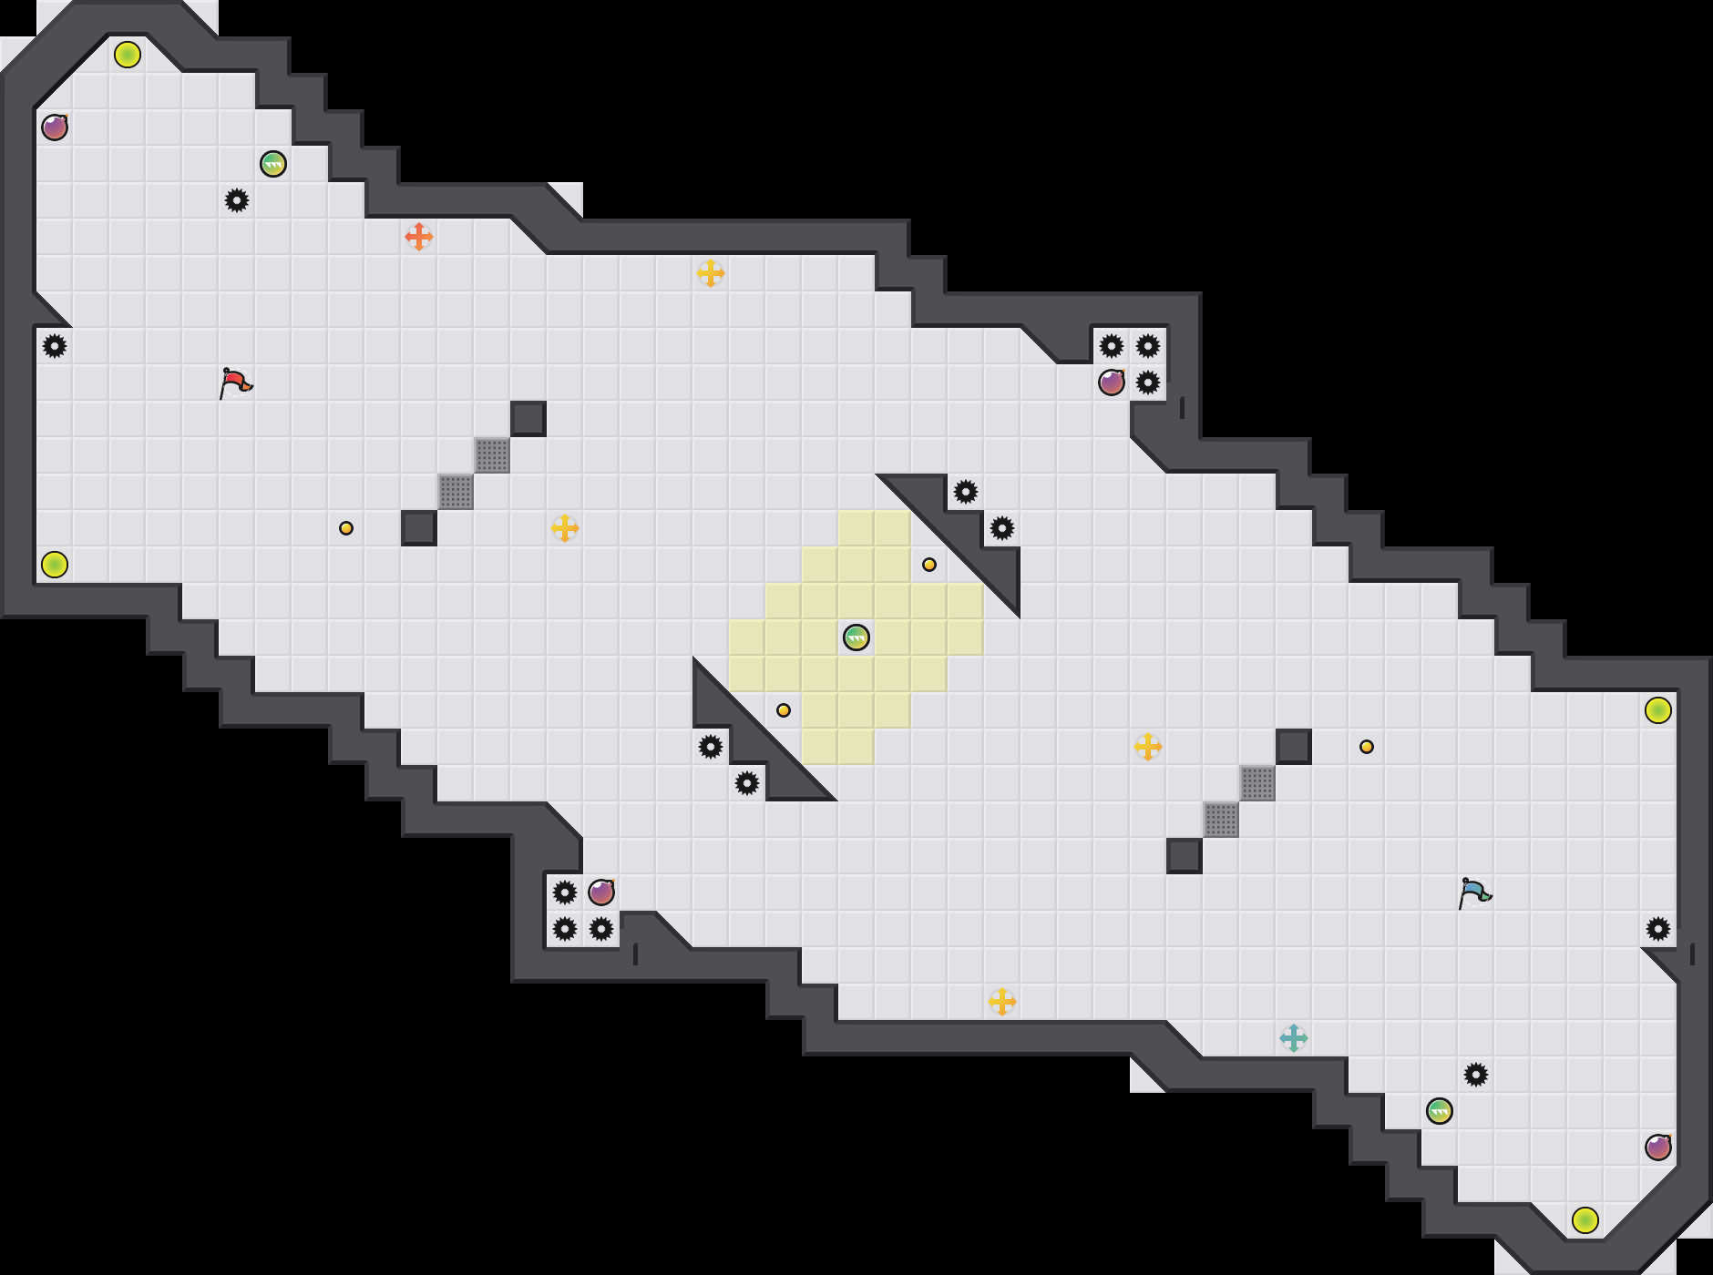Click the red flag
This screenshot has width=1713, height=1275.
click(x=235, y=382)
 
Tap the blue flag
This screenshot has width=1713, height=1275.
click(x=1474, y=892)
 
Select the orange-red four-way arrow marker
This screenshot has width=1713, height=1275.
click(x=419, y=237)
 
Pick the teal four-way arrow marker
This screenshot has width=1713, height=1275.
click(x=1294, y=1038)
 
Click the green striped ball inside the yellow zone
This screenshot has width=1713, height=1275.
click(x=856, y=637)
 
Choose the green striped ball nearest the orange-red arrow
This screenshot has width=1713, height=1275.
click(x=273, y=164)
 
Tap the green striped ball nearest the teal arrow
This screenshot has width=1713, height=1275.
click(x=1440, y=1111)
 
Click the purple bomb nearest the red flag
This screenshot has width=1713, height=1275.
click(x=55, y=127)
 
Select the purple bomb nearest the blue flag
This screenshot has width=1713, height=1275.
click(x=1658, y=1147)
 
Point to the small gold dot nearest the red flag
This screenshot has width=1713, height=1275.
click(x=346, y=528)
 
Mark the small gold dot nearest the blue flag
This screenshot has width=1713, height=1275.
click(x=1367, y=747)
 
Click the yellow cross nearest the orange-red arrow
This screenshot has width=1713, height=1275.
click(x=711, y=273)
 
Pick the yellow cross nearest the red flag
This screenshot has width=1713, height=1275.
click(x=565, y=528)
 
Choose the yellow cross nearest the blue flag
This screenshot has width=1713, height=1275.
click(x=1148, y=747)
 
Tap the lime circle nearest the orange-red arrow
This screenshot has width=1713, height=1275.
click(x=128, y=55)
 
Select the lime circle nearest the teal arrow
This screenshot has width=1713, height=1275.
click(x=1585, y=1220)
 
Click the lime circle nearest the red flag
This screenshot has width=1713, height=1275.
click(x=55, y=565)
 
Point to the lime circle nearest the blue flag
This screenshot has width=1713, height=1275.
click(x=1658, y=710)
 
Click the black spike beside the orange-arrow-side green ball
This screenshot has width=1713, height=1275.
click(x=237, y=200)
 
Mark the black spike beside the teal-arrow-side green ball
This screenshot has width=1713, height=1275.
click(x=1476, y=1075)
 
